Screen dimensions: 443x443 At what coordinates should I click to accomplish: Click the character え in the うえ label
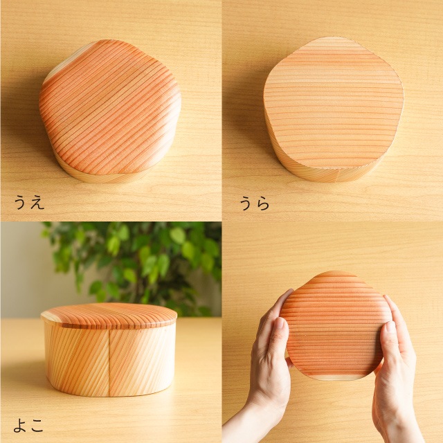pyautogui.click(x=37, y=203)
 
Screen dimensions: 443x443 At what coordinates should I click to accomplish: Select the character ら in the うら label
pyautogui.click(x=263, y=204)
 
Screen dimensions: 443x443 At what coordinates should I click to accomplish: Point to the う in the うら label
pyautogui.click(x=246, y=204)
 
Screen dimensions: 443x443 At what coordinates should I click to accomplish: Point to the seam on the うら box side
pyautogui.click(x=338, y=175)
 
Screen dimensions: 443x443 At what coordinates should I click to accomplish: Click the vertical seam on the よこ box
pyautogui.click(x=109, y=362)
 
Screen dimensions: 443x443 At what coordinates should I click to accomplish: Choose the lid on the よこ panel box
pyautogui.click(x=109, y=316)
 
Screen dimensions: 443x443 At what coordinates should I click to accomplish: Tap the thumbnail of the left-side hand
pyautogui.click(x=280, y=325)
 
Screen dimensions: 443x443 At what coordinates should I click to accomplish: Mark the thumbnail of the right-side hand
pyautogui.click(x=390, y=327)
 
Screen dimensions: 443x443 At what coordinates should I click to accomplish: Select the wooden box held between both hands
pyautogui.click(x=336, y=325)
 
